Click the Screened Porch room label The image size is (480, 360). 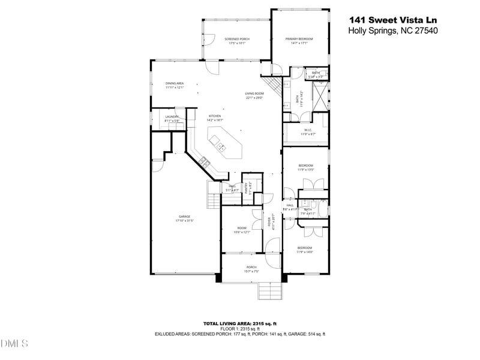(x=237, y=41)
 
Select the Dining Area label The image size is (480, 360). (x=175, y=85)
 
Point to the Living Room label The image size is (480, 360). (x=254, y=95)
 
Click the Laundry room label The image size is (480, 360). (x=172, y=118)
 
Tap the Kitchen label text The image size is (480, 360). (x=215, y=118)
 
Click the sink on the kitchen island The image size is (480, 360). (x=220, y=146)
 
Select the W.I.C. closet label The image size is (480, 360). (x=307, y=131)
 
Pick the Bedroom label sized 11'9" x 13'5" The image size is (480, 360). (x=306, y=167)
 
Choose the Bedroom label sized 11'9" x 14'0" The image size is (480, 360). (x=304, y=250)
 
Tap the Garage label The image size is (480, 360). (x=184, y=218)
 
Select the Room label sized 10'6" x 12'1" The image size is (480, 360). (x=242, y=230)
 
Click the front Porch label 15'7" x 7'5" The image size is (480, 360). (x=251, y=269)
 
